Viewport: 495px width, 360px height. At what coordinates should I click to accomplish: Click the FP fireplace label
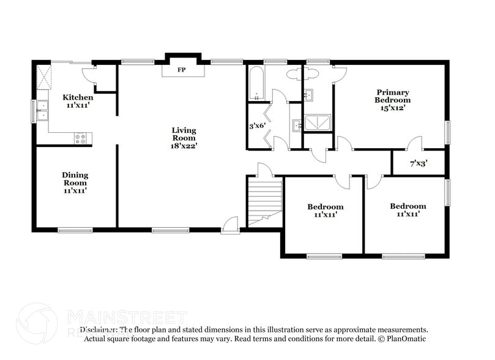click(x=181, y=70)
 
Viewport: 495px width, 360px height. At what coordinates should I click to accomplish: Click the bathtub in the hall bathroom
click(x=255, y=83)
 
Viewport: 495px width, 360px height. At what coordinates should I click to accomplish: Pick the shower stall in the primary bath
click(x=318, y=123)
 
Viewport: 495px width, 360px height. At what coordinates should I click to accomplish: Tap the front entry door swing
click(x=230, y=225)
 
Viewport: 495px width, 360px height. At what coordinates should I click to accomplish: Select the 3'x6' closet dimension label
click(x=256, y=126)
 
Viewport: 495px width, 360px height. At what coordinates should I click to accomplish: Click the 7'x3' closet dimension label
click(x=418, y=163)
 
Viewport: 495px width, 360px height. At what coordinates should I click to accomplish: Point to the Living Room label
click(x=184, y=133)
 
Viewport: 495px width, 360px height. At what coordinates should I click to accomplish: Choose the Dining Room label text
click(x=75, y=179)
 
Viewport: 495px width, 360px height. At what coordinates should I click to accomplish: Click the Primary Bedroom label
click(x=393, y=96)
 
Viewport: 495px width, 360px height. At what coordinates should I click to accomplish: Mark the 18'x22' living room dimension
click(x=184, y=146)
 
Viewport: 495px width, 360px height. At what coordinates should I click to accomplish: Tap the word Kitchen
click(x=78, y=97)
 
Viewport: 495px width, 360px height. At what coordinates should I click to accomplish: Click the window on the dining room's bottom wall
click(x=75, y=230)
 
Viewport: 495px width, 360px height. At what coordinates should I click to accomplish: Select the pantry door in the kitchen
click(x=89, y=75)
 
